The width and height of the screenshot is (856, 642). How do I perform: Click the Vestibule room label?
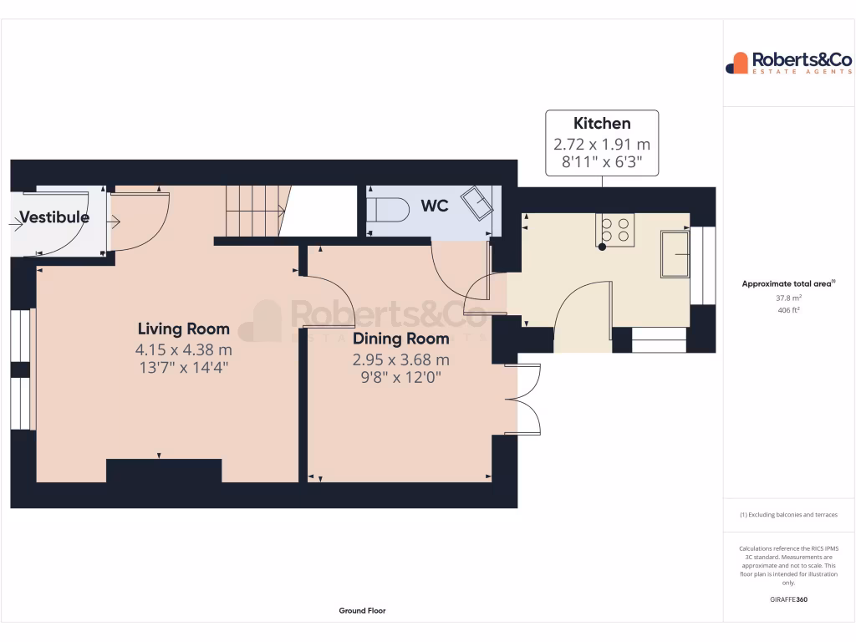point(54,217)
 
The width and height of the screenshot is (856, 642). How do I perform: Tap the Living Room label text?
point(183,329)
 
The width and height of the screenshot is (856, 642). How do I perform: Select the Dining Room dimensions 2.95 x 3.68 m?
point(400,359)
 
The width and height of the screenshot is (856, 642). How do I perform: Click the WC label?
point(435,206)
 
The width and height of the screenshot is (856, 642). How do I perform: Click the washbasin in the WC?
point(479,202)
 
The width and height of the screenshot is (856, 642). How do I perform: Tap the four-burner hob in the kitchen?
point(615,230)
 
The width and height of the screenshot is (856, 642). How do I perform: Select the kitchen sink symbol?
point(675,253)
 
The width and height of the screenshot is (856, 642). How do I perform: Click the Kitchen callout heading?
point(602,124)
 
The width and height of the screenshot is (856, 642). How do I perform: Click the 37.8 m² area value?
point(789,298)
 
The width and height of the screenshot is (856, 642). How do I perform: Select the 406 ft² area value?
point(789,310)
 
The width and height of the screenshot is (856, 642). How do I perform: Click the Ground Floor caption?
point(362,611)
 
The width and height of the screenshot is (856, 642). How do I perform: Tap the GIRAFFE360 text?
point(789,599)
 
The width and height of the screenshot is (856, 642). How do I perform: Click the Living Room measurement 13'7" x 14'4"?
point(183,366)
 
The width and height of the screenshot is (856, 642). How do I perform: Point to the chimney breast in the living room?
point(164,471)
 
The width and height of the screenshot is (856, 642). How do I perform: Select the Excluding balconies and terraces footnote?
point(788,515)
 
